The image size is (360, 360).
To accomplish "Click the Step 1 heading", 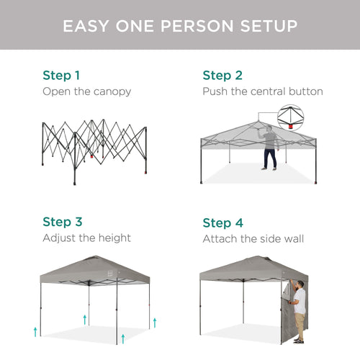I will tap(61, 75).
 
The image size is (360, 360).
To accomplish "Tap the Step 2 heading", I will tap(222, 75).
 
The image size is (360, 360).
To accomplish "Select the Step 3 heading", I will tap(63, 222).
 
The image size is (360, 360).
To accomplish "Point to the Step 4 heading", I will tap(223, 222).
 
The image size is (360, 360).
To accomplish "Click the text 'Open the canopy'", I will tap(86, 91).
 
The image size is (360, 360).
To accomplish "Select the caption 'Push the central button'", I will tap(262, 91).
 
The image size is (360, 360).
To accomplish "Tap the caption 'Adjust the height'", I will tap(86, 238).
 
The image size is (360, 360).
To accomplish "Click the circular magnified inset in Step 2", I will tap(291, 116).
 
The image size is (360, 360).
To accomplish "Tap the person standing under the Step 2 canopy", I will tap(269, 148).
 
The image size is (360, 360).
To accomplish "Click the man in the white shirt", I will tap(299, 310).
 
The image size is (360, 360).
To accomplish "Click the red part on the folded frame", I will tap(91, 153).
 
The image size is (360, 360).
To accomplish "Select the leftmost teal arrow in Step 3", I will tap(34, 330).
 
